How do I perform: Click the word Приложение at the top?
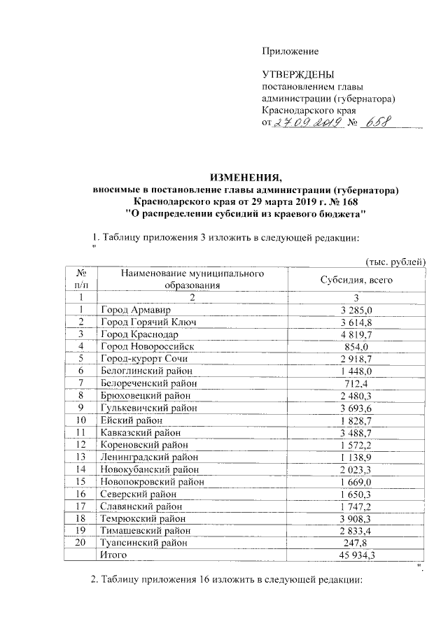pyautogui.click(x=290, y=51)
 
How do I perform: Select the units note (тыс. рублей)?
pyautogui.click(x=395, y=261)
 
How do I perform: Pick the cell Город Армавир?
pyautogui.click(x=135, y=309)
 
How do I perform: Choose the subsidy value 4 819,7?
pyautogui.click(x=356, y=334)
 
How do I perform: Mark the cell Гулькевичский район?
pyautogui.click(x=148, y=407)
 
